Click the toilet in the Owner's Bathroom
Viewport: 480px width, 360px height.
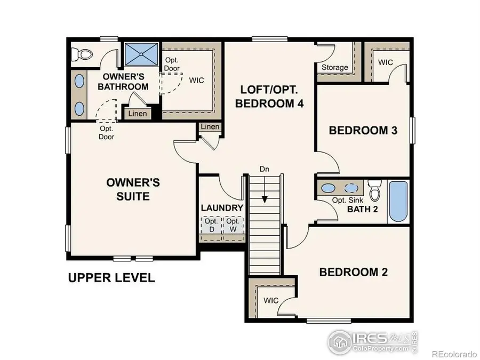pos(84,53)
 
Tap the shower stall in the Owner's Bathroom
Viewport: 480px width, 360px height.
pos(141,53)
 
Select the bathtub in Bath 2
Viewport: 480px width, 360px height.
pos(398,201)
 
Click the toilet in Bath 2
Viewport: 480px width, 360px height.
pos(375,189)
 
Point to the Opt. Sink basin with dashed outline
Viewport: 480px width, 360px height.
pos(351,188)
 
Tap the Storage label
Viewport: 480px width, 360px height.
pos(335,67)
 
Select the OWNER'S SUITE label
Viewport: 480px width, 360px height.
pos(133,189)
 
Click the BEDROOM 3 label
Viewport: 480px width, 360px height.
pos(363,130)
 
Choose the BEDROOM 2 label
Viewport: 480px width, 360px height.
pos(353,272)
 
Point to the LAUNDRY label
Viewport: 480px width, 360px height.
pos(222,208)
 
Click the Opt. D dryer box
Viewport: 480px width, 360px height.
pos(211,225)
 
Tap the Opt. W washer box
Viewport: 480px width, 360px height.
pos(233,225)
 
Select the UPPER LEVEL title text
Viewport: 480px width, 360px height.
pos(111,277)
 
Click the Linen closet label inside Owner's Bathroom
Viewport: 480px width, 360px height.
pos(137,114)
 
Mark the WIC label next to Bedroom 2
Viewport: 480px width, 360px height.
pos(271,300)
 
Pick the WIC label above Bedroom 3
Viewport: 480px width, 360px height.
pos(386,62)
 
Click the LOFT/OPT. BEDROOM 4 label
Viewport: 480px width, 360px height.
pos(270,97)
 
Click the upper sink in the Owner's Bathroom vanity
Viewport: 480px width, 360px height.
pos(79,81)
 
